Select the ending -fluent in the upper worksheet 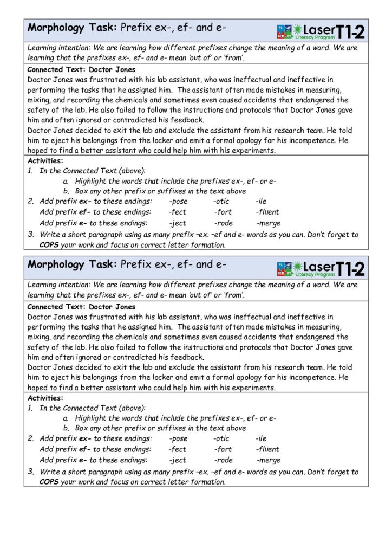tap(268, 212)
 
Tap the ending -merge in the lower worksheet tap(268, 460)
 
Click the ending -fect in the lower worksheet tap(177, 449)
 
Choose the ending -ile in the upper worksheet tap(261, 202)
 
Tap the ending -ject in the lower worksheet tap(177, 460)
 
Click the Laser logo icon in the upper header tap(284, 30)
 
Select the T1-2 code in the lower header tap(350, 268)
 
